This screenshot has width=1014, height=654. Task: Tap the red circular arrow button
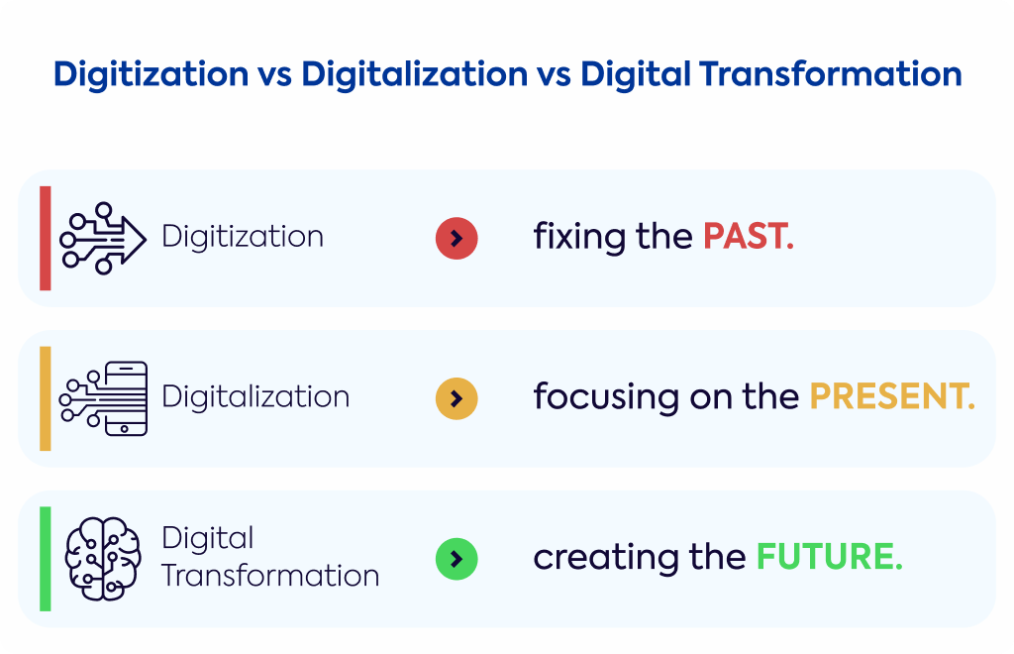coord(456,238)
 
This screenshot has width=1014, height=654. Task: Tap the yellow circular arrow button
coord(456,398)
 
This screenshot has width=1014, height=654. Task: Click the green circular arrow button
coord(456,559)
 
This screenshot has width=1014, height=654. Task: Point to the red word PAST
coord(749,236)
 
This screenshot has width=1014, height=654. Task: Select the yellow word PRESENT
coord(892,396)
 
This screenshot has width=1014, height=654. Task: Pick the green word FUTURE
coord(829,556)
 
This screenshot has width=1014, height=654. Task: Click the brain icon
coord(103,559)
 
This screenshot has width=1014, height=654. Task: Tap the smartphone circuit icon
coord(103,398)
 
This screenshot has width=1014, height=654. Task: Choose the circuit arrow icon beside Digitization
coord(103,238)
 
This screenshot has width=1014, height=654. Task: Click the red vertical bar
coord(46,238)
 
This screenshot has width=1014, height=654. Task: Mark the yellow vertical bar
coord(46,398)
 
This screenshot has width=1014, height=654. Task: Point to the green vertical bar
coord(46,559)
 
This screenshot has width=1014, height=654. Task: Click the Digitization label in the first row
coord(243,237)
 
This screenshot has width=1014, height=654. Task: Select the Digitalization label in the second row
coord(255,396)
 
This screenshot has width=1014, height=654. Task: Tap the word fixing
coord(579,237)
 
